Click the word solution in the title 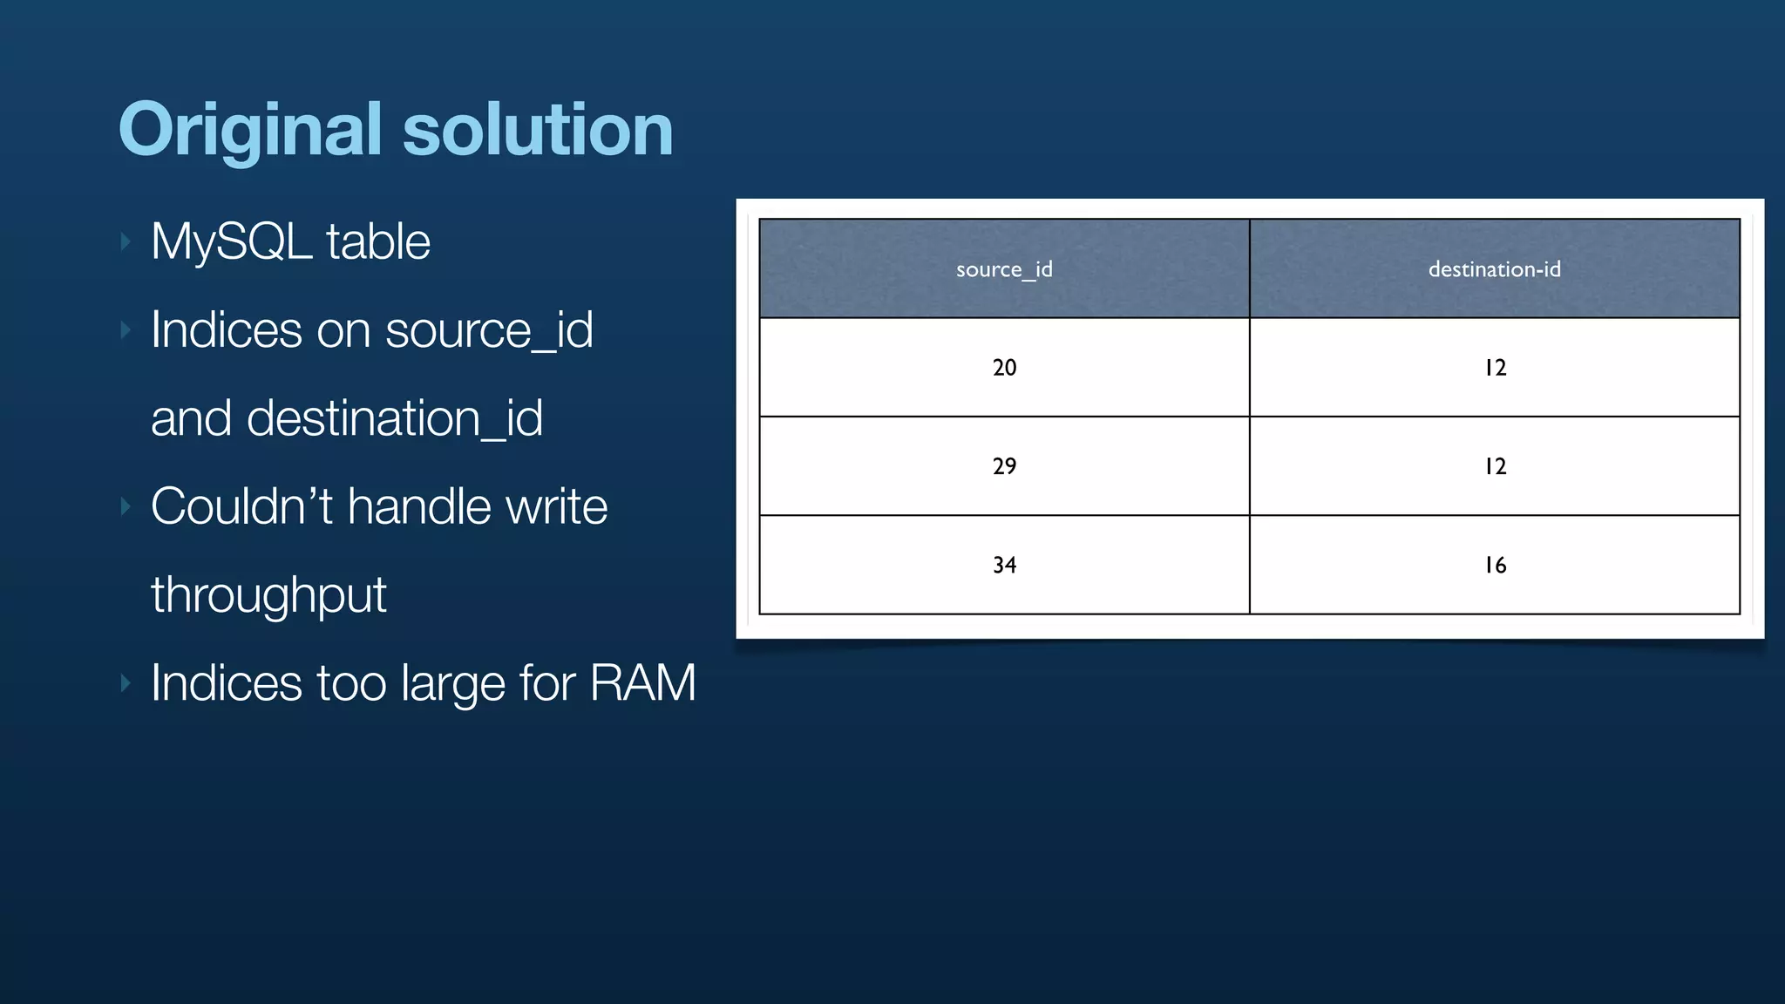click(537, 131)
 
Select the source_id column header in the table click(1004, 269)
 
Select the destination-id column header click(1494, 269)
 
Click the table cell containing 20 click(1004, 367)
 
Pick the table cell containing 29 click(1004, 466)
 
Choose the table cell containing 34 click(1004, 565)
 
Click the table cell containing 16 click(1495, 565)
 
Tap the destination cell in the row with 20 click(1495, 367)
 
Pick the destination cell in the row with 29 click(1495, 466)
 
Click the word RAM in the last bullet click(642, 682)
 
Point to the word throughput click(268, 595)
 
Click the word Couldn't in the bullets click(241, 506)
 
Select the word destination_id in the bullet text click(395, 418)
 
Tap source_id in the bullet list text click(489, 330)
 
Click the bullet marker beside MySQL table click(126, 241)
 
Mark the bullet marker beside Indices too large click(126, 682)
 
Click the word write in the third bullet click(556, 506)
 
